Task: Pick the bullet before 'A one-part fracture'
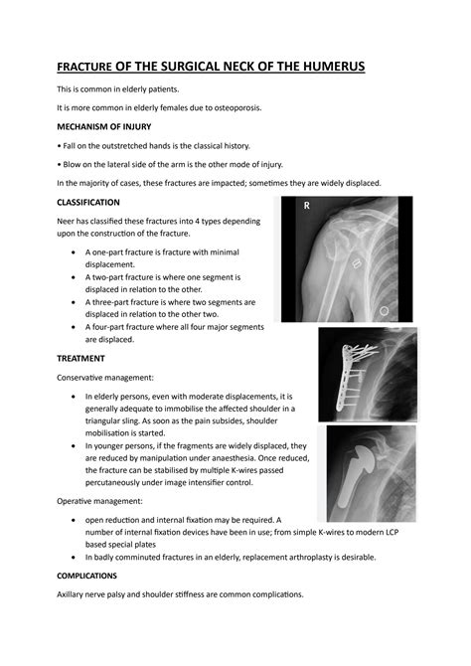point(76,253)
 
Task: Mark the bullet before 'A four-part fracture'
point(76,326)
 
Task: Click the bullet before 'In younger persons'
point(76,447)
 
